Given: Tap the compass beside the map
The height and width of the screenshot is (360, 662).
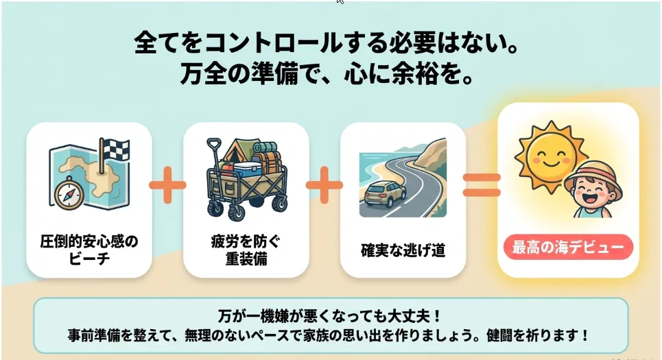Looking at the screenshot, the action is pyautogui.click(x=69, y=194).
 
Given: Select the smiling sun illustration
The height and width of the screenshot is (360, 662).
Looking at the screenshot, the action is pyautogui.click(x=549, y=157).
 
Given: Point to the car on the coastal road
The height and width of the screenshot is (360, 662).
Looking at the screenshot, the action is pyautogui.click(x=385, y=194).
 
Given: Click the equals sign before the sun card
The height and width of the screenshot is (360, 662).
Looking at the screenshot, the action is pyautogui.click(x=482, y=185).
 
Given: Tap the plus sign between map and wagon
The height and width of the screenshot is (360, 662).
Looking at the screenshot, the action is pyautogui.click(x=167, y=185).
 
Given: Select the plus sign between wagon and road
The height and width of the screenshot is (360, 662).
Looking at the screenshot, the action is pyautogui.click(x=324, y=185).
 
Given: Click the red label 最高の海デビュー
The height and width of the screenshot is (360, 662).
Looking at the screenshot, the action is pyautogui.click(x=568, y=248).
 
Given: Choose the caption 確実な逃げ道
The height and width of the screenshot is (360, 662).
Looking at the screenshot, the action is pyautogui.click(x=403, y=250).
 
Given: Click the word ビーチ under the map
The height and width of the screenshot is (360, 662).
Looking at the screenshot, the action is pyautogui.click(x=89, y=259).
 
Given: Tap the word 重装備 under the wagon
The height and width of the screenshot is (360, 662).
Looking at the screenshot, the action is pyautogui.click(x=246, y=259).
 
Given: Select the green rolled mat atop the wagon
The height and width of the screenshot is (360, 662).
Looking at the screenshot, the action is pyautogui.click(x=265, y=147).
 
